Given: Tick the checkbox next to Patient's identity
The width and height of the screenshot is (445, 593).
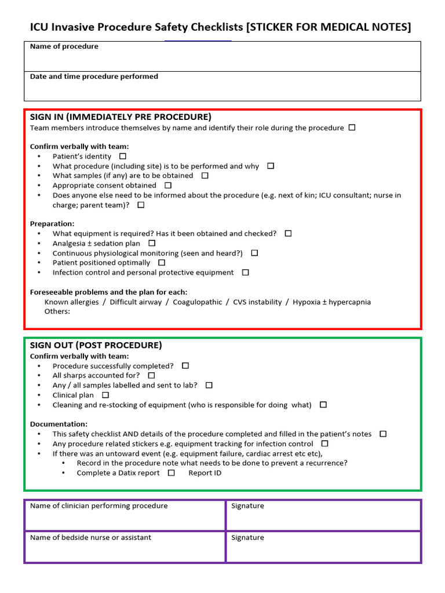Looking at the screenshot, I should point(122,156).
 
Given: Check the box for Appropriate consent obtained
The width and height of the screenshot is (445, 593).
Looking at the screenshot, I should point(168,185).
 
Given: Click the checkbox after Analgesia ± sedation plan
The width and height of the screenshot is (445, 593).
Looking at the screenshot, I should point(152,243).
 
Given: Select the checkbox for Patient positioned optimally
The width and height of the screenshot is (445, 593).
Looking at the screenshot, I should point(162,262).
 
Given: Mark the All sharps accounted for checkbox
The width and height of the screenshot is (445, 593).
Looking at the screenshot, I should point(151,375).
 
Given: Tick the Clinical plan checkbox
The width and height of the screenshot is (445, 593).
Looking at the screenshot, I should point(105,395).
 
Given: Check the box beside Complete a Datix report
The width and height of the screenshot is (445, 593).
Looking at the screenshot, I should point(171,473).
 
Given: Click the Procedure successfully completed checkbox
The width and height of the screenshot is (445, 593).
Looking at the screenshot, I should point(185,366).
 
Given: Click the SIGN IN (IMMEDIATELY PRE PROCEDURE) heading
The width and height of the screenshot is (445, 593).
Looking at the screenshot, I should point(121,117).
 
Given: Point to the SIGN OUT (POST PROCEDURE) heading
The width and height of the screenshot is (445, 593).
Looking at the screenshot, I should point(96,345).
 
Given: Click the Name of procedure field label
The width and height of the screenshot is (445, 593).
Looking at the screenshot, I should point(64,46).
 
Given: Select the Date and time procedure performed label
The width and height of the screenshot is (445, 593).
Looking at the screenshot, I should point(94,76).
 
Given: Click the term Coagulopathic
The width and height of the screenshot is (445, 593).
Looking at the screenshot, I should point(197,302).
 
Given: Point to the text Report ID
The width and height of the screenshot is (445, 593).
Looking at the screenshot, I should point(205,473).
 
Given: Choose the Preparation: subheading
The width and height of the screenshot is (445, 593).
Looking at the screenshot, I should point(52,224).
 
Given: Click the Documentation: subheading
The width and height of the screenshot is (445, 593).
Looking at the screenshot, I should point(59,424).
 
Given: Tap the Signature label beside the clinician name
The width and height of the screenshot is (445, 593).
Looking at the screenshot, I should point(247,506).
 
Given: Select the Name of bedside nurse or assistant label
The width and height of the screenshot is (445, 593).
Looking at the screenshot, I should point(90,537).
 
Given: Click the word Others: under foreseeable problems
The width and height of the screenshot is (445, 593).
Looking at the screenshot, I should point(57,312).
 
